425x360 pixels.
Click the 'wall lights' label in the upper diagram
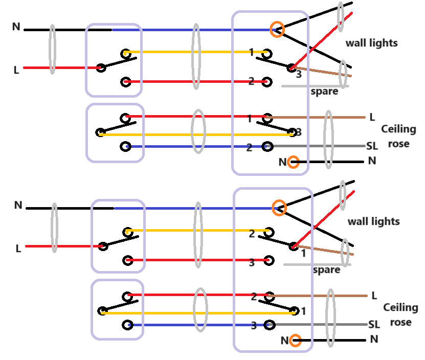pos(371,43)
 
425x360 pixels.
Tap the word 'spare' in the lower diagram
pos(326,269)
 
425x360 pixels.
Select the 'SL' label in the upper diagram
pos(372,146)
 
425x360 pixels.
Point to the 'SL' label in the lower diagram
pos(374,325)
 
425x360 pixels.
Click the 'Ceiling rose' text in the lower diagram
pos(400,314)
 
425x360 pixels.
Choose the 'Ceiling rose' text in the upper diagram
pos(398,136)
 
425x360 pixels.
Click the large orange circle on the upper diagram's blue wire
pos(277,29)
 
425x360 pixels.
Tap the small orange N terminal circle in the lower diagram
pos(295,341)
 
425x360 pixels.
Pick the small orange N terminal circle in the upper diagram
pos(293,163)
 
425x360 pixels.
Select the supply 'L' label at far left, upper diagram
pos(16,70)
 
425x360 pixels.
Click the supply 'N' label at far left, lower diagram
pos(18,205)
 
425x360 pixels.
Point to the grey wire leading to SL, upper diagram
pos(317,147)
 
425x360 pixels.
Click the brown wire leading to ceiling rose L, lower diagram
pos(317,296)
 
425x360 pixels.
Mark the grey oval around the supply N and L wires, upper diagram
pos(52,49)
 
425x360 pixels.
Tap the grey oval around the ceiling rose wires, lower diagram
pos(330,317)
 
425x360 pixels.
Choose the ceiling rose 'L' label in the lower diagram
pos(374,296)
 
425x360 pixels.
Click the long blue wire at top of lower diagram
pos(194,208)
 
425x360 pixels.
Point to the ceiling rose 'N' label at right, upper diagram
pos(372,161)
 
